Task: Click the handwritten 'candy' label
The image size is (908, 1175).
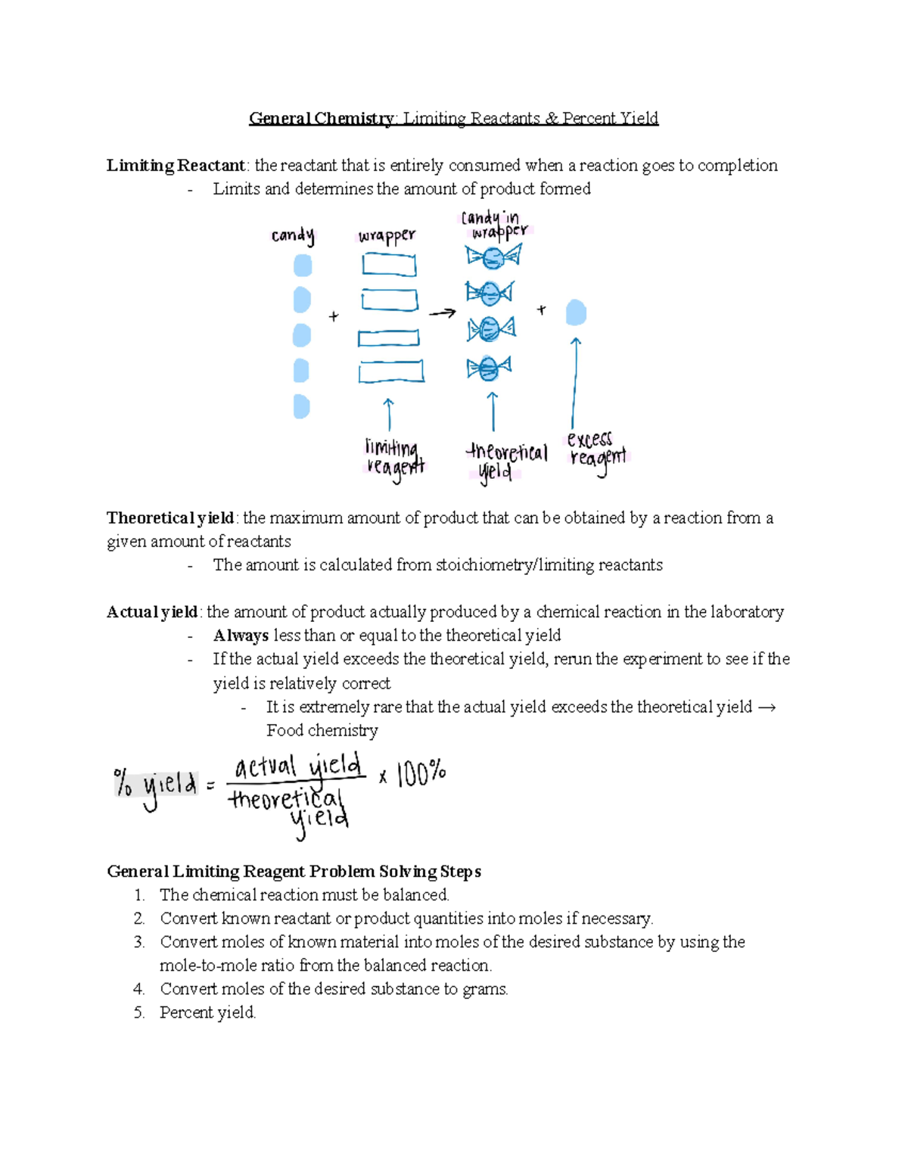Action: click(293, 236)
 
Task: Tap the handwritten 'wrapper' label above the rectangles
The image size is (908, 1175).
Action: click(387, 236)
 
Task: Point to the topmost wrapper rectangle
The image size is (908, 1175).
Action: click(389, 265)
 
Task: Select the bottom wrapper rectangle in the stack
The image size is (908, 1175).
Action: click(391, 371)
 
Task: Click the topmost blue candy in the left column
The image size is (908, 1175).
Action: click(303, 266)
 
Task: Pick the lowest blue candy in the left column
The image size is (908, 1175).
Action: click(301, 406)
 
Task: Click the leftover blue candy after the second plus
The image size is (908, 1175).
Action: click(577, 312)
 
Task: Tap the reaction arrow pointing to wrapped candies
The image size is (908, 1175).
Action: click(443, 312)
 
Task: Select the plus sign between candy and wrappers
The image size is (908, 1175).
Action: click(334, 317)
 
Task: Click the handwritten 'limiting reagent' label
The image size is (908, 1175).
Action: click(394, 458)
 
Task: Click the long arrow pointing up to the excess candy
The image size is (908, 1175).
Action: click(574, 382)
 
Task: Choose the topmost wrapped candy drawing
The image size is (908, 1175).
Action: click(493, 258)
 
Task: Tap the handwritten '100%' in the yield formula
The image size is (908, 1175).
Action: click(421, 774)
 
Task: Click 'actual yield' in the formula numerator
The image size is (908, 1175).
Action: click(297, 767)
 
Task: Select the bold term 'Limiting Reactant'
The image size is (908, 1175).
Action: click(176, 166)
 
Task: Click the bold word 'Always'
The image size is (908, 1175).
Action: click(241, 636)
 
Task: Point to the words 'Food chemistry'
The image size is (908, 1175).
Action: click(322, 731)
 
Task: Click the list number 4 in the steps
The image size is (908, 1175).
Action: click(138, 990)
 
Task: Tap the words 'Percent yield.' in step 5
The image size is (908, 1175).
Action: click(207, 1013)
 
